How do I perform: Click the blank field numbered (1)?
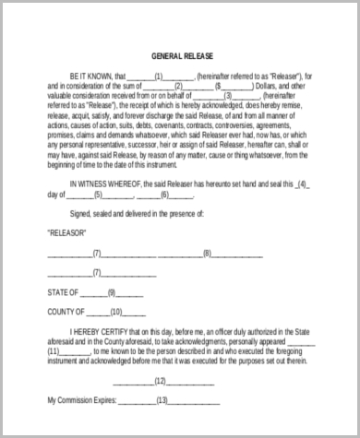pos(159,77)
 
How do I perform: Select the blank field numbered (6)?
pos(163,194)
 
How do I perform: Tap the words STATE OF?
pos(64,291)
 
